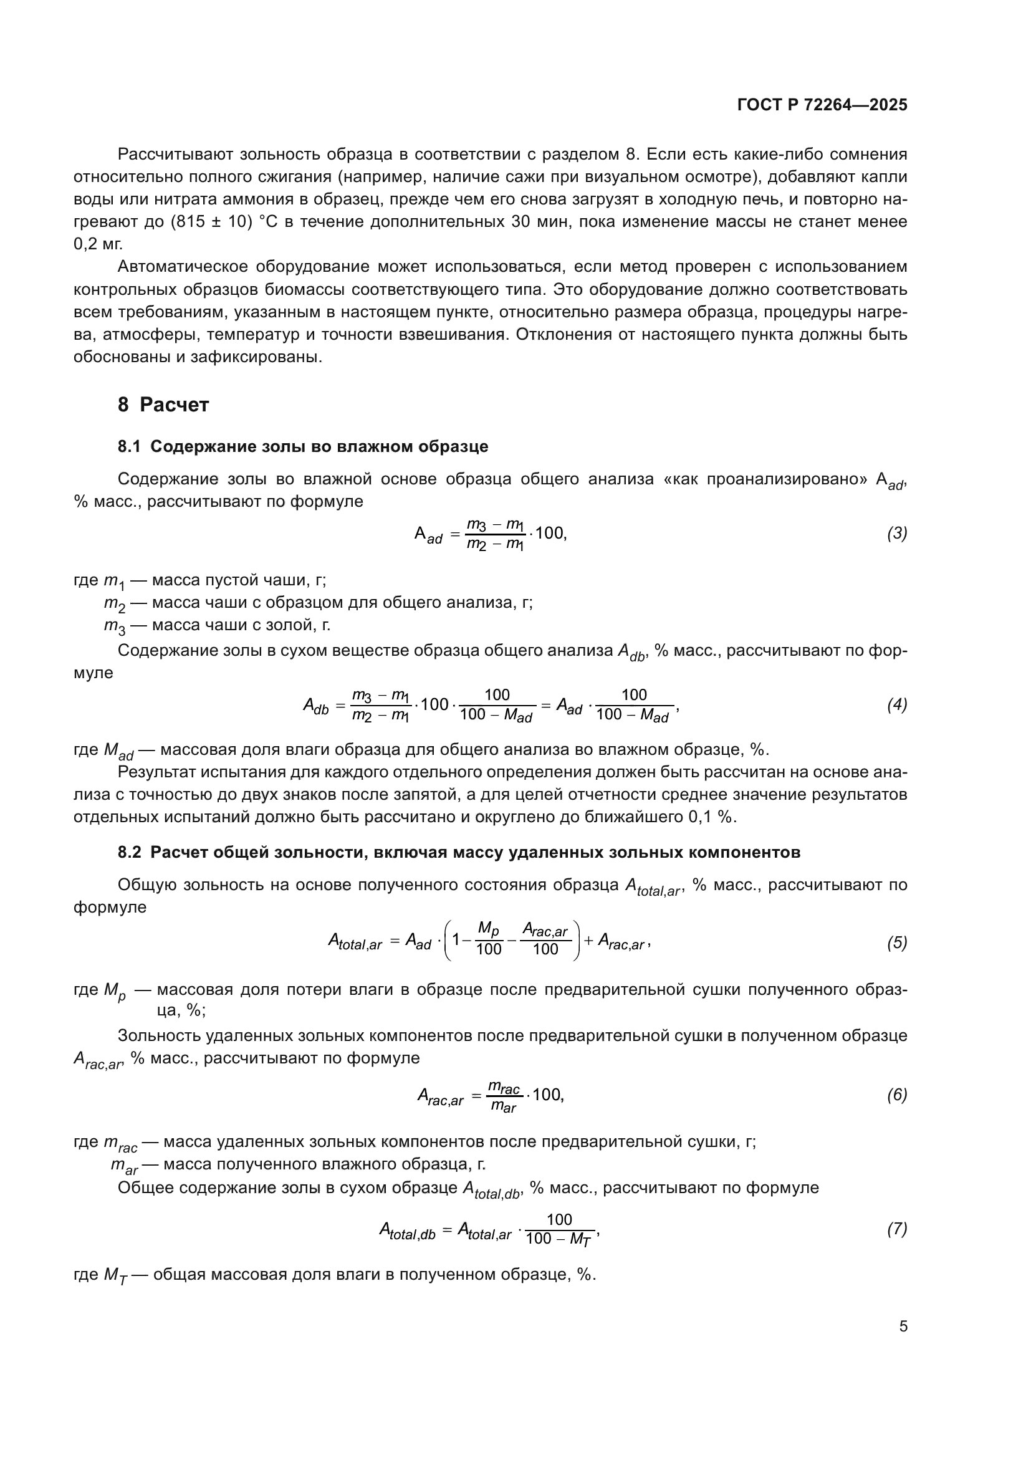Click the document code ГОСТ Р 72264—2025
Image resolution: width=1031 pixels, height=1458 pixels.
tap(822, 105)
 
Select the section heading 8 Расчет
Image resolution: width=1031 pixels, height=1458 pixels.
tap(163, 405)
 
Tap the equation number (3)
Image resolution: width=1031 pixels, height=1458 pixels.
tap(896, 534)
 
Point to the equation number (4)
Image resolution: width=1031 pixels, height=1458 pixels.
tap(896, 705)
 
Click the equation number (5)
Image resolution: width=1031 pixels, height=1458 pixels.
tap(896, 943)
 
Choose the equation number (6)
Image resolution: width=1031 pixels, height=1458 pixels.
tap(896, 1095)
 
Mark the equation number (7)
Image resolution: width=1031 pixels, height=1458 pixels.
tap(896, 1229)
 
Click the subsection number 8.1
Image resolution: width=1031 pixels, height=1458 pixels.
tap(129, 446)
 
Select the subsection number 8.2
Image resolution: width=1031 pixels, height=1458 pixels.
tap(129, 852)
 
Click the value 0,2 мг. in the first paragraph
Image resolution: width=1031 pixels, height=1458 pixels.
tap(98, 244)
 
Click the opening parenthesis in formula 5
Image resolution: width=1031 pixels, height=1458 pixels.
tap(448, 941)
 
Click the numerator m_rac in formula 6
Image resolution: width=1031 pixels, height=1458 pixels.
tap(504, 1088)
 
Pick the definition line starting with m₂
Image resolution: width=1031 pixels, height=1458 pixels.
tap(317, 603)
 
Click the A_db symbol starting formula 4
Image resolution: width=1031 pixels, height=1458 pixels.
tap(315, 706)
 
